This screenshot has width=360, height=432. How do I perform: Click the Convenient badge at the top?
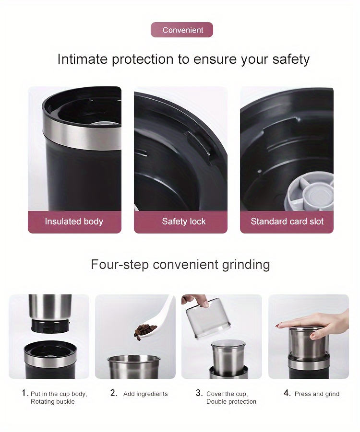pos(182,30)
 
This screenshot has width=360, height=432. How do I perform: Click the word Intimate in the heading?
pos(82,59)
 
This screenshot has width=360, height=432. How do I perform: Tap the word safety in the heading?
pos(291,59)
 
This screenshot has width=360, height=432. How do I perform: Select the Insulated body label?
pos(74,222)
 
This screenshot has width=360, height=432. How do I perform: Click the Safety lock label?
pos(184,222)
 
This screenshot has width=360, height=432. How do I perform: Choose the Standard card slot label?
pos(287,222)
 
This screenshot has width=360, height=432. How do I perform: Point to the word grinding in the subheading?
pos(246,265)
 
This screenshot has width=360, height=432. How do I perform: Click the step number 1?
pos(24,393)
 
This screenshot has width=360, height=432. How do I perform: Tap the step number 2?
pos(114,393)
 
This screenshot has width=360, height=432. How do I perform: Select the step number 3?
pos(199,393)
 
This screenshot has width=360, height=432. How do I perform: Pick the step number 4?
pos(287,393)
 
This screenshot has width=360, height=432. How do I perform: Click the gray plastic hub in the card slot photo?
pos(310,195)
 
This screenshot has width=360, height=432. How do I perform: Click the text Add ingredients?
pos(145,394)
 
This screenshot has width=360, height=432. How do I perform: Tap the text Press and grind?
pos(317,394)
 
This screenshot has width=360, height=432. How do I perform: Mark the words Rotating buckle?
pos(53,402)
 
